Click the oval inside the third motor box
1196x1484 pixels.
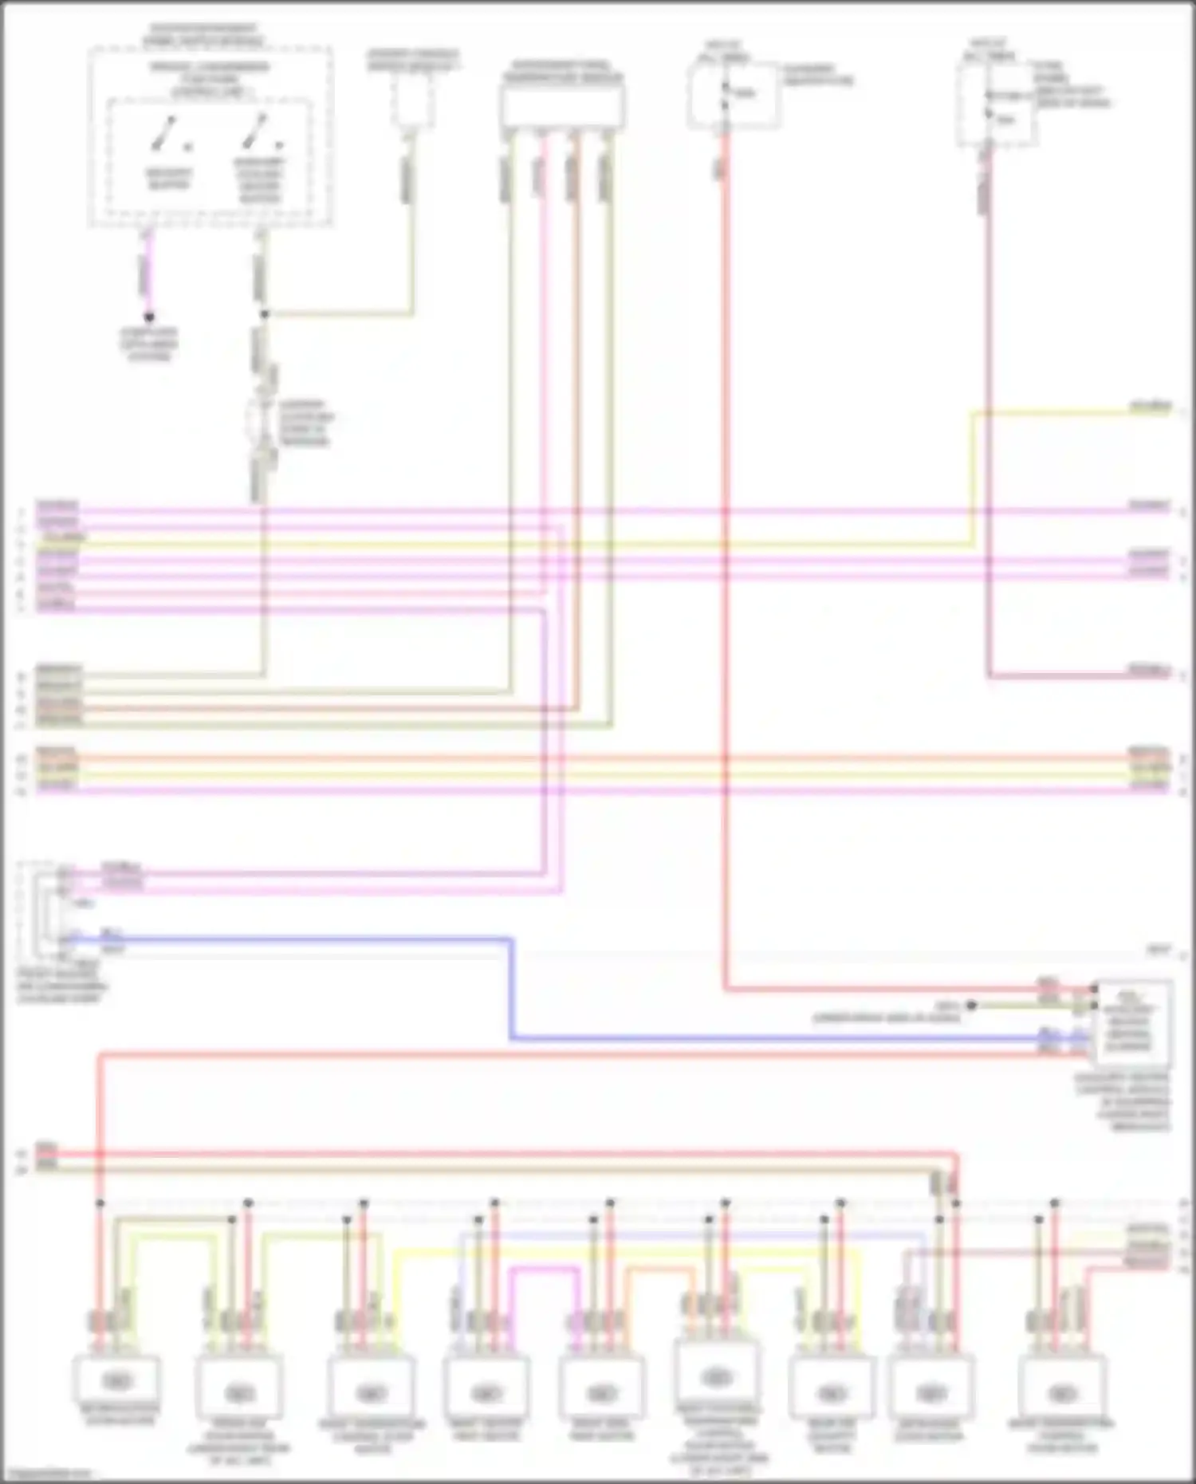tap(371, 1394)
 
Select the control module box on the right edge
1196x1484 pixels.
tap(1132, 1024)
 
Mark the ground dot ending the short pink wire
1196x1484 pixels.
tap(148, 317)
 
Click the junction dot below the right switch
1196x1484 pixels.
tap(264, 314)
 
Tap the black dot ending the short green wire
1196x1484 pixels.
tap(971, 1006)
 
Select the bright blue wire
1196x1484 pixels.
tap(510, 989)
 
